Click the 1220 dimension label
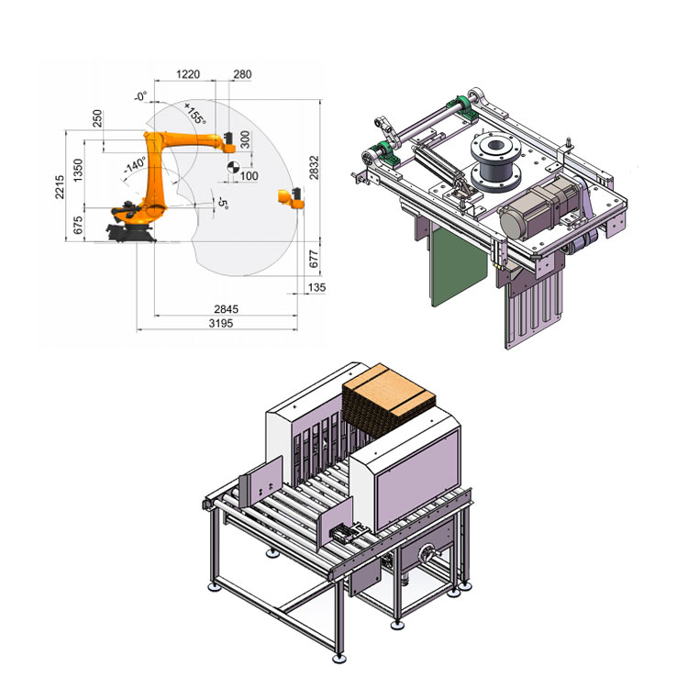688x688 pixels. pos(188,74)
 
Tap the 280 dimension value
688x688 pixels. pos(242,74)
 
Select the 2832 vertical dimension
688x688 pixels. pos(314,167)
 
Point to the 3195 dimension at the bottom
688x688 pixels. pos(221,324)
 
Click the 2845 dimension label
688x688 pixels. pos(226,309)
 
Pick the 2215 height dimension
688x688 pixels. pos(60,187)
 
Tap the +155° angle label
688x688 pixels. pos(194,113)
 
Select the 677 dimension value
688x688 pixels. pos(314,259)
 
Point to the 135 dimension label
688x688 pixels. pos(316,287)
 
